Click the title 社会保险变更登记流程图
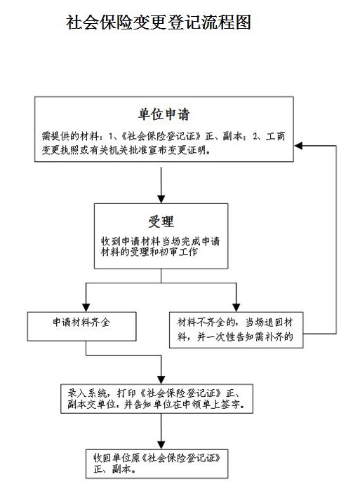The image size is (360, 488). pyautogui.click(x=159, y=22)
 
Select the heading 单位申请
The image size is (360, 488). pyautogui.click(x=164, y=114)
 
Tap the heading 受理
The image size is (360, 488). pyautogui.click(x=161, y=222)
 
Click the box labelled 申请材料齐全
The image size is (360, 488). pyautogui.click(x=81, y=327)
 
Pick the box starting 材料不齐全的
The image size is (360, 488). pyautogui.click(x=236, y=330)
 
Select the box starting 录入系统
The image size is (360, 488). pyautogui.click(x=156, y=399)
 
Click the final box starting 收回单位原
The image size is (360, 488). pyautogui.click(x=157, y=463)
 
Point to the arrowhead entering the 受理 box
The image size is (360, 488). pyautogui.click(x=161, y=199)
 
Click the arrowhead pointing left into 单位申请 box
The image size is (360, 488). pyautogui.click(x=298, y=145)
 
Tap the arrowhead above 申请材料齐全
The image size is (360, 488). pyautogui.click(x=86, y=308)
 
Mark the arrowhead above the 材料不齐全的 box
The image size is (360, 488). pyautogui.click(x=236, y=308)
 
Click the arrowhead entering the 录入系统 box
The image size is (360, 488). pyautogui.click(x=161, y=380)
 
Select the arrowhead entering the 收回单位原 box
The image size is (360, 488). pyautogui.click(x=161, y=445)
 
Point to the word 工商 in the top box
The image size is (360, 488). pyautogui.click(x=275, y=136)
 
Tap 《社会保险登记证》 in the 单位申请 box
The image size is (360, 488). pyautogui.click(x=161, y=136)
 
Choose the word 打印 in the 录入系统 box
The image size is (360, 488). pyautogui.click(x=127, y=393)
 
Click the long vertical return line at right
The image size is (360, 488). pyautogui.click(x=336, y=240)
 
